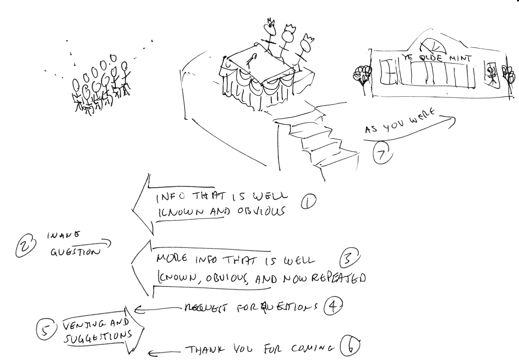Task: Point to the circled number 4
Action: [333, 306]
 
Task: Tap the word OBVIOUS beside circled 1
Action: [261, 211]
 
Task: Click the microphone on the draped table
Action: [252, 60]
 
